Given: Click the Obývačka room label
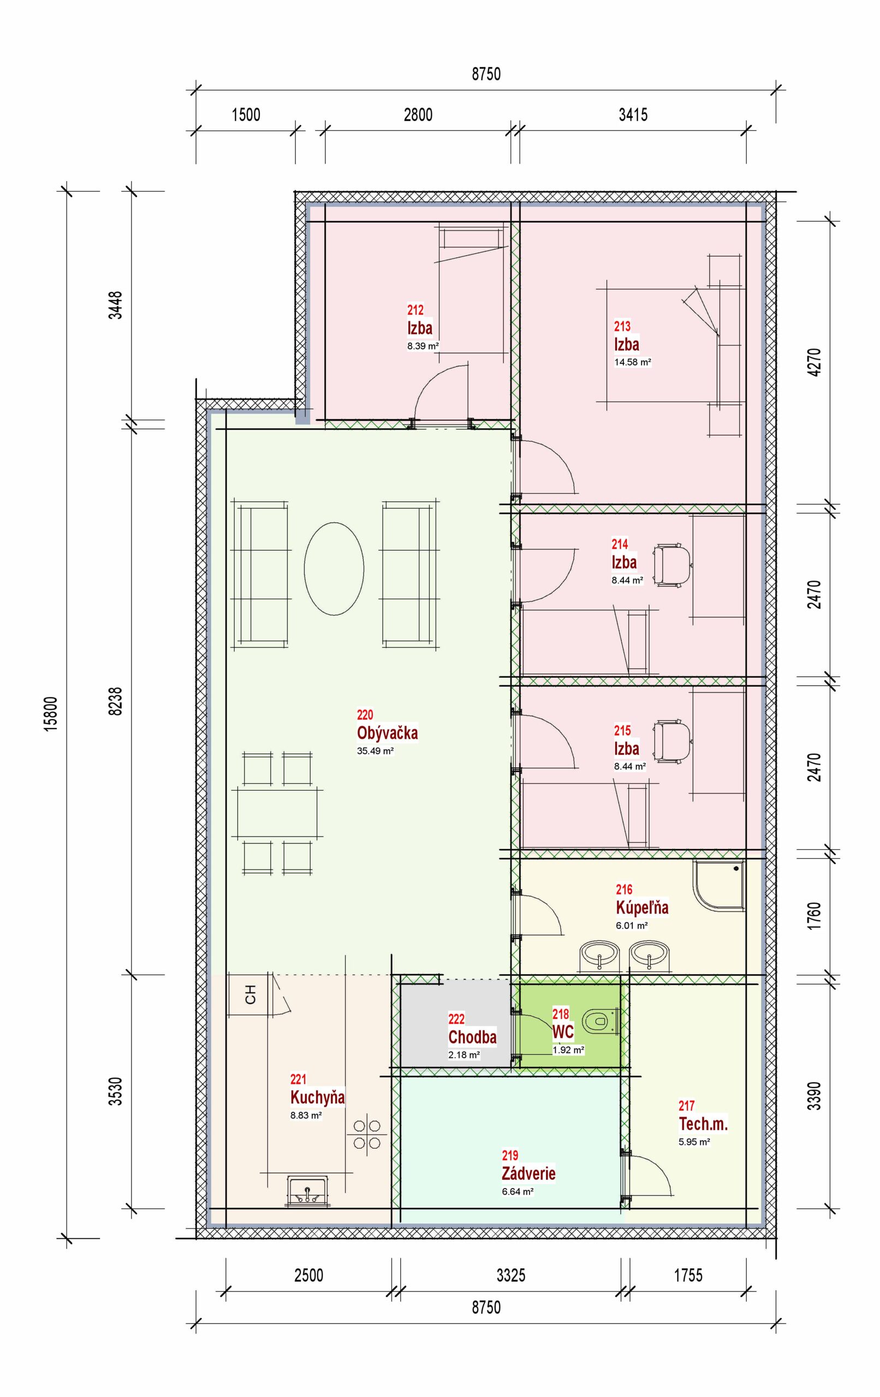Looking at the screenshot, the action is coord(387,733).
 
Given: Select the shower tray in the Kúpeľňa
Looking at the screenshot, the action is coord(718,885).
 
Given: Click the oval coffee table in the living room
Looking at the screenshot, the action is coord(334,568).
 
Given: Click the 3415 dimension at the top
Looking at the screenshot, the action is coord(633,114).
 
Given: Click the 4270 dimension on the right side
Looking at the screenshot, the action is coord(814,362).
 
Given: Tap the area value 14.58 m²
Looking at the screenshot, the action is coord(633,362).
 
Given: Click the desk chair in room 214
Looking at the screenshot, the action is coord(672,565).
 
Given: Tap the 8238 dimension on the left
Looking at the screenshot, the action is coord(116,701).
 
